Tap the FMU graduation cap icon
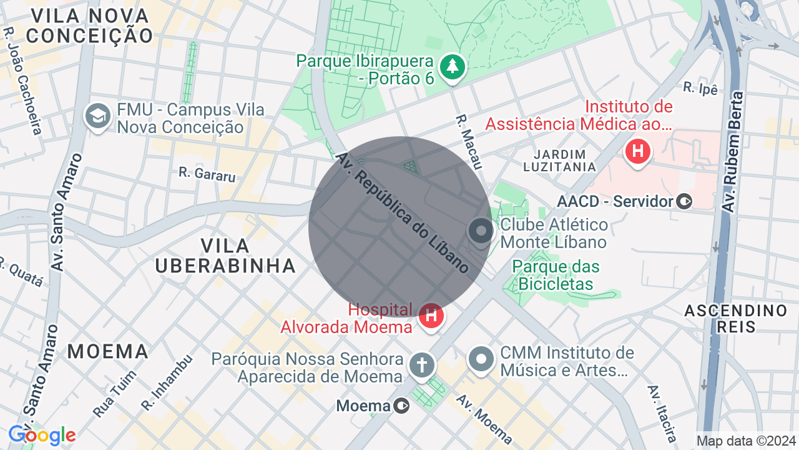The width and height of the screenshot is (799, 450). coord(97,117)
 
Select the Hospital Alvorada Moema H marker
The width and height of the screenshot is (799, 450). coord(431,316)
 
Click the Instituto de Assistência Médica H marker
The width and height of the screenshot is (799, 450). coord(637,152)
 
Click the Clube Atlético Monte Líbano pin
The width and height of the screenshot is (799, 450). coord(481,231)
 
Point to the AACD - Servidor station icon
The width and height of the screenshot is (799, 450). coord(685,201)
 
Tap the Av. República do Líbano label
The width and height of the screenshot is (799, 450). coord(403,212)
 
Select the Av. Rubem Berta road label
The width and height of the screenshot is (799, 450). coord(732,151)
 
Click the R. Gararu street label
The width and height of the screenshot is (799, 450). coord(207,174)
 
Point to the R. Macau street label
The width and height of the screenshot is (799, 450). coord(469,141)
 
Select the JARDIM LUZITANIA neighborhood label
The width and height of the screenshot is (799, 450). coord(559,161)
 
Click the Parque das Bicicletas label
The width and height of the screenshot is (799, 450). coord(556,275)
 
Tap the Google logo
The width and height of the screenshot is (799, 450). coord(42,435)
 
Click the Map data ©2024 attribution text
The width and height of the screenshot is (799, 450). coord(746,441)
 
